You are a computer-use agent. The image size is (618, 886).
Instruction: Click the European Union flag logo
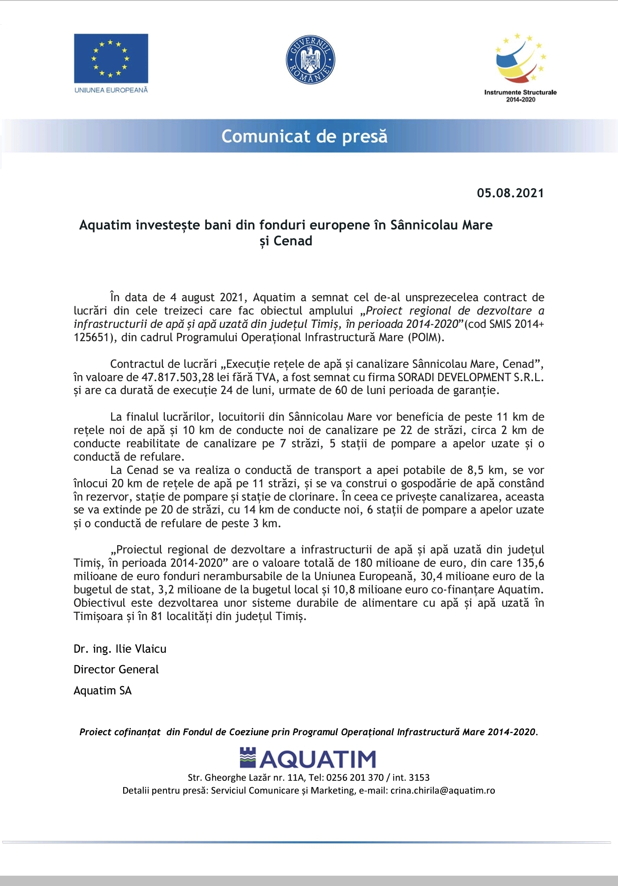point(111,58)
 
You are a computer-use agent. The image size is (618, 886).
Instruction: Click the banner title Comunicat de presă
point(304,137)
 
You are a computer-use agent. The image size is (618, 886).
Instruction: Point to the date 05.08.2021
point(510,193)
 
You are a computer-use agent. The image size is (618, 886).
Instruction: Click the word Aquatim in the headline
point(105,225)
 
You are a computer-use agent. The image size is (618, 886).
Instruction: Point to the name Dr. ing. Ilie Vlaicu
point(120,649)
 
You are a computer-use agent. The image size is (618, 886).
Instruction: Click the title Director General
point(116,669)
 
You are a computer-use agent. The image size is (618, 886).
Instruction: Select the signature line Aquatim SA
point(103,690)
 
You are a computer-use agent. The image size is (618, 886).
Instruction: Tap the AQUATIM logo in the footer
point(308,759)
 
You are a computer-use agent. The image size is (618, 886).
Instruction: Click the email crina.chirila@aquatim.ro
point(442,791)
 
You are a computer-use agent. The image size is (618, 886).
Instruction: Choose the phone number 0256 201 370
point(355,777)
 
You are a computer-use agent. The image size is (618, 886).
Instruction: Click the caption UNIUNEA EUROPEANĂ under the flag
point(111,90)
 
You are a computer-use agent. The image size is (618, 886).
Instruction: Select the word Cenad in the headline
point(293,241)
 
